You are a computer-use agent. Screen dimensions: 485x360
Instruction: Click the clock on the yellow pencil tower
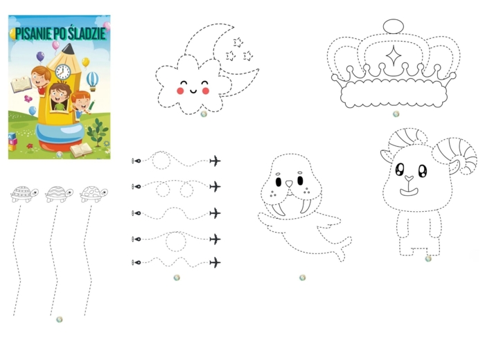63,72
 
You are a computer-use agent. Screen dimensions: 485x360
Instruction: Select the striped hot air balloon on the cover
92,81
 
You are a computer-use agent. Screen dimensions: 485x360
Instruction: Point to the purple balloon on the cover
40,57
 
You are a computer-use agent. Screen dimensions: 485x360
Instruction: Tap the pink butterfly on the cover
28,99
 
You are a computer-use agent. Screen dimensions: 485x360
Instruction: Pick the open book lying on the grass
81,150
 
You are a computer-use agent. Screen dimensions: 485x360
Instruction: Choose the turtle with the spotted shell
94,194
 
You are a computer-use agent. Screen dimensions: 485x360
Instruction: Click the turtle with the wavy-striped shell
59,194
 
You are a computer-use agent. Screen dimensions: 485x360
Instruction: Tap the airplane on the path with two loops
215,186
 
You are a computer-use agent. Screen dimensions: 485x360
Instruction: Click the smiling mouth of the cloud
193,91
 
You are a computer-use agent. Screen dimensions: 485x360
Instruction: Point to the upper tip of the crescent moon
233,26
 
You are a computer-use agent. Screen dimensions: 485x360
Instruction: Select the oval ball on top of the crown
394,26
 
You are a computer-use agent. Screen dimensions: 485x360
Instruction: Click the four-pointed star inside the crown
394,55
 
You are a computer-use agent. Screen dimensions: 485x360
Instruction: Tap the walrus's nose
289,183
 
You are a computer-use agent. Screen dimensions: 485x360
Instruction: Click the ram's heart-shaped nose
409,179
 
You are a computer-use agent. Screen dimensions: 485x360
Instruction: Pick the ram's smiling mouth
409,191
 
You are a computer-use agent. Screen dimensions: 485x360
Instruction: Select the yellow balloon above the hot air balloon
86,62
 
